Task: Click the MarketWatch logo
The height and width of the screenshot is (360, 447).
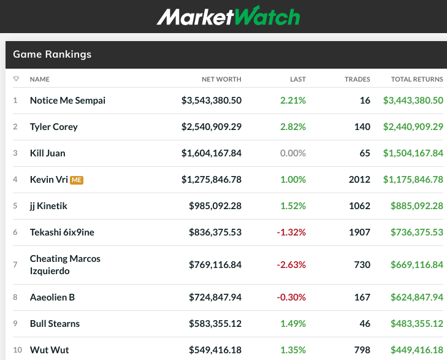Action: point(228,16)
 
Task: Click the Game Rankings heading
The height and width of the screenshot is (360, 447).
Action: point(52,54)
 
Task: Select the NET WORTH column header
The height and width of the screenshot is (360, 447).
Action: point(221,79)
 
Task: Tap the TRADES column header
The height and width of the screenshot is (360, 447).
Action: point(357,79)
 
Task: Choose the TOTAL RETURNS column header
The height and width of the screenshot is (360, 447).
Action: point(417,79)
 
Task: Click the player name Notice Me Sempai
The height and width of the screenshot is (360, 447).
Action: point(67,100)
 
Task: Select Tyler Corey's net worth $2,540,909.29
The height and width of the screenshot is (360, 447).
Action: point(212,126)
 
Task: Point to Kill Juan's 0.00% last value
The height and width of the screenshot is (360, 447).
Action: point(292,153)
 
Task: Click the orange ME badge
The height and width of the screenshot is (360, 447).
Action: point(77,180)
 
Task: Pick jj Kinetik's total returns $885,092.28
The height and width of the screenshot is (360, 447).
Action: point(416,205)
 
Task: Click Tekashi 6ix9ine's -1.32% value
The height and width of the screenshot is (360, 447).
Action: point(292,232)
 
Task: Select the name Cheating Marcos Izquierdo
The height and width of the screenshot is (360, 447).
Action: point(65,264)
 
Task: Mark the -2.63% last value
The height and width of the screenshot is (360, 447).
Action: point(292,264)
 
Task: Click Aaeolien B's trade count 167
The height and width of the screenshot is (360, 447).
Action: point(362,297)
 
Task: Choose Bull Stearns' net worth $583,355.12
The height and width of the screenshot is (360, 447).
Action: point(215,323)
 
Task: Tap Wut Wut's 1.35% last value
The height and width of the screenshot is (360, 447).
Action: point(293,350)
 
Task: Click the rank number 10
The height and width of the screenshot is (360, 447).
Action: point(17,350)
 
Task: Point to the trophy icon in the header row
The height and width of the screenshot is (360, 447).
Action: point(16,79)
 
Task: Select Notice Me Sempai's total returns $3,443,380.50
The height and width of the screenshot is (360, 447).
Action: point(413,100)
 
